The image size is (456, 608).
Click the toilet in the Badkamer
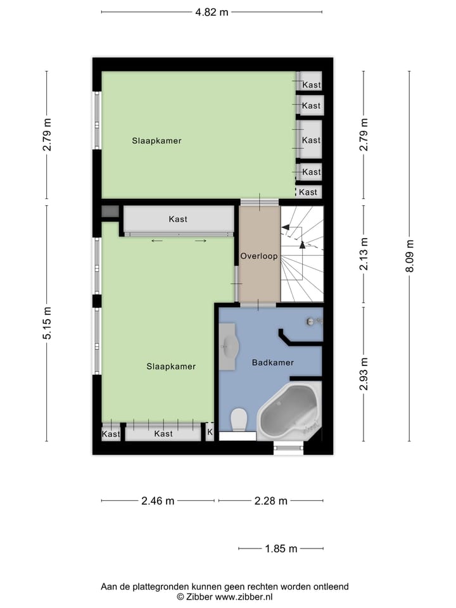click(x=239, y=419)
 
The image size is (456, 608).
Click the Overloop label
click(x=258, y=256)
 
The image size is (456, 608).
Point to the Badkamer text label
click(x=272, y=363)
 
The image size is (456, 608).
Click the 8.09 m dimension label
click(x=410, y=256)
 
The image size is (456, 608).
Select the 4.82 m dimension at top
click(x=212, y=12)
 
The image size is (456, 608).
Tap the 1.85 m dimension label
click(x=281, y=549)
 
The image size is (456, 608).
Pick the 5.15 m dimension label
click(x=47, y=323)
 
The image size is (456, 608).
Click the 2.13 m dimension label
click(x=364, y=254)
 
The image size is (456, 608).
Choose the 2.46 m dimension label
click(x=157, y=501)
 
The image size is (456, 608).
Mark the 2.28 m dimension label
click(x=270, y=501)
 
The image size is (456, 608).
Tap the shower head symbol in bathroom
click(x=310, y=322)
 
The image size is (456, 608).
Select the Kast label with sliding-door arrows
click(x=178, y=219)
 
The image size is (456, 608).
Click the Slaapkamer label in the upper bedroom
click(x=156, y=141)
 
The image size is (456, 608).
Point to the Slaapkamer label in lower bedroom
click(x=171, y=366)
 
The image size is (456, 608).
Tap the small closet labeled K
click(x=210, y=433)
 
